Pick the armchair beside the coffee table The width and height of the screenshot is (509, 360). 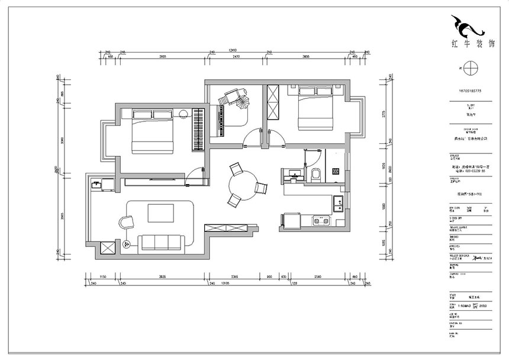tap(127, 222)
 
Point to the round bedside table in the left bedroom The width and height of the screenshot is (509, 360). tap(184, 114)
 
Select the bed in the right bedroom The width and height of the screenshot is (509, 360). tap(313, 107)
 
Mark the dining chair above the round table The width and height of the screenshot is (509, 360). tap(236, 170)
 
